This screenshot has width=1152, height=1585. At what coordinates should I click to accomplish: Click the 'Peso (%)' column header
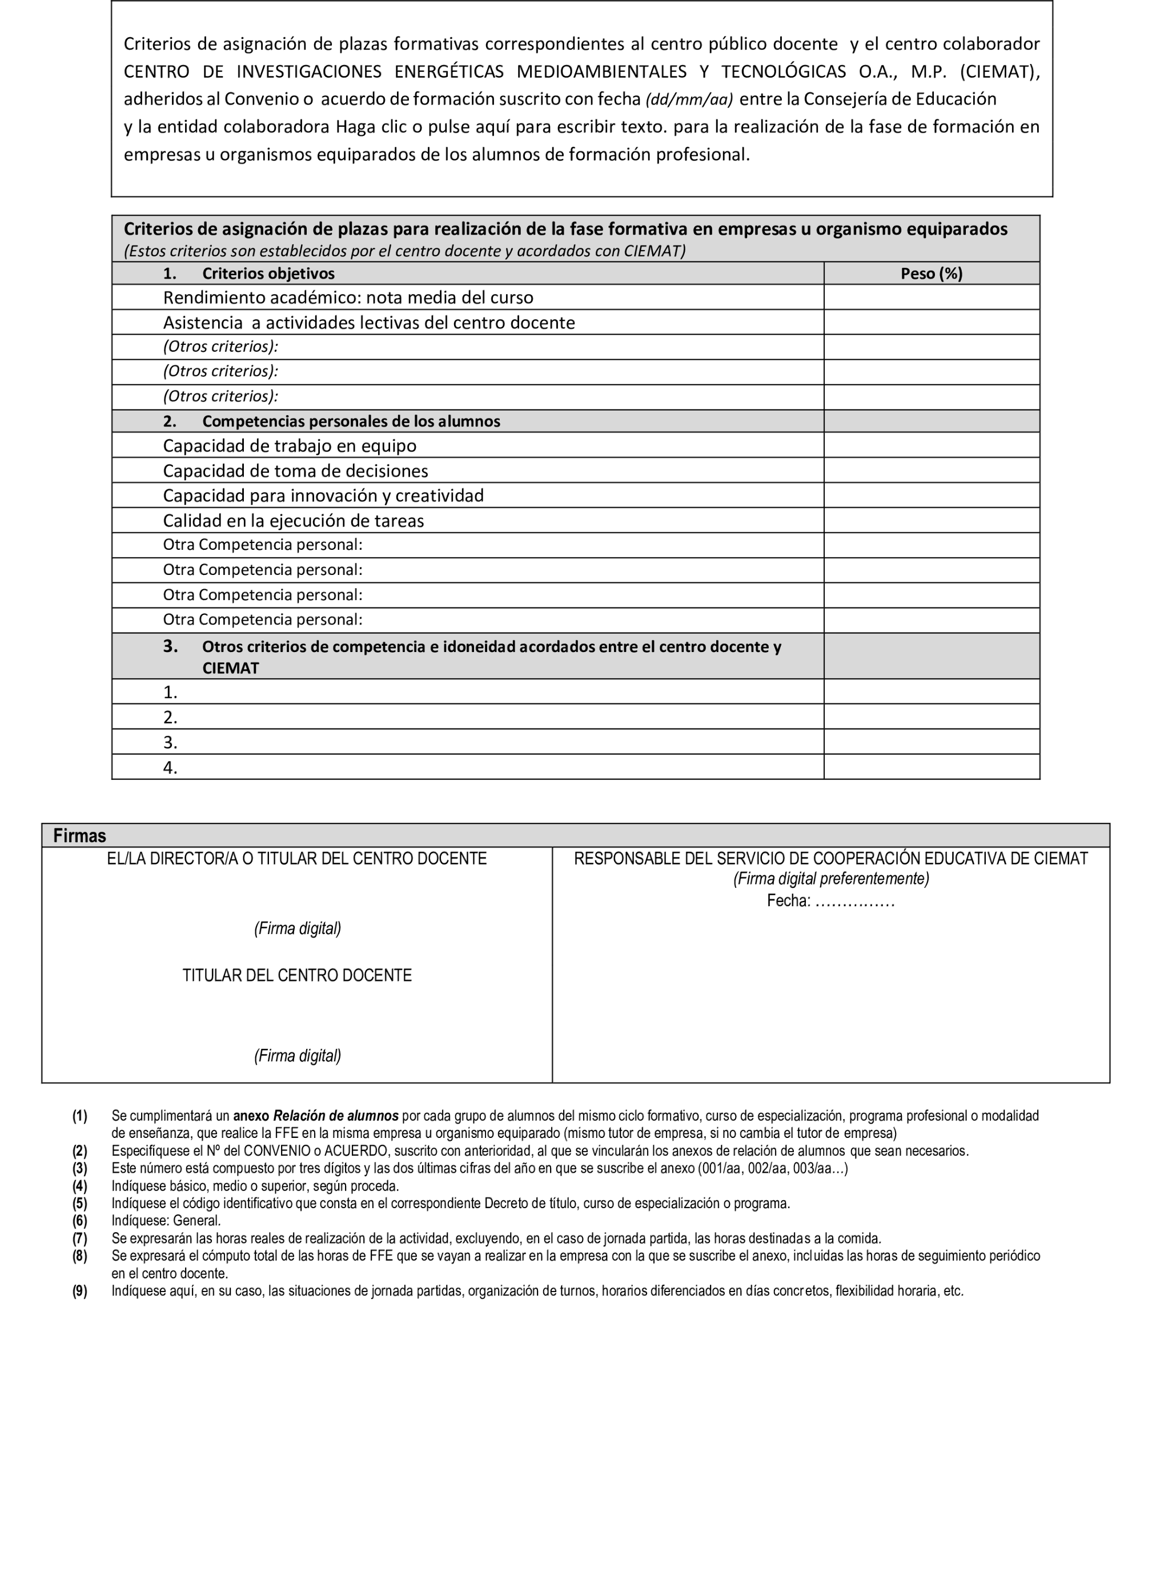coord(931,274)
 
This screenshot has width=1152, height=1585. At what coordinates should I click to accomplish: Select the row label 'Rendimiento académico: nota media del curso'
coord(348,297)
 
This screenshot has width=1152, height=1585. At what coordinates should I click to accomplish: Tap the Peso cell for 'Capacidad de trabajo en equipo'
coord(931,445)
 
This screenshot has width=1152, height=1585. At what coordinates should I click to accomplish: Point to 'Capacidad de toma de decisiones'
coord(296,471)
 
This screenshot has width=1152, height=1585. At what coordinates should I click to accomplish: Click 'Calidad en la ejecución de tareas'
coord(294,521)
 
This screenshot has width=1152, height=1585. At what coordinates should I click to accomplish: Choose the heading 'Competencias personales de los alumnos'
coord(351,421)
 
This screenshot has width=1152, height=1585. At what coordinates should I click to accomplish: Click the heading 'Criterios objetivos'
coord(268,274)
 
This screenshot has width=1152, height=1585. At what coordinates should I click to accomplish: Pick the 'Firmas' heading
coord(80,836)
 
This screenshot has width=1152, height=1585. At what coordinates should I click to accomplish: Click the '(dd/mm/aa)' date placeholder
coord(689,100)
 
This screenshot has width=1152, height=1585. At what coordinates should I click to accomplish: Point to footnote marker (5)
coord(80,1204)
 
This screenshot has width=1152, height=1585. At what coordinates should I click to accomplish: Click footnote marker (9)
coord(80,1291)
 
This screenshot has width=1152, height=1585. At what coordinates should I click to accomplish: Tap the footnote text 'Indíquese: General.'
coord(166,1221)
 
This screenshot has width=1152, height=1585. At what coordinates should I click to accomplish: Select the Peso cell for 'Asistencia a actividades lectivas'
coord(931,322)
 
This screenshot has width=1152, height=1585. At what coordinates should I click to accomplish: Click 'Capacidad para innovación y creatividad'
coord(323,496)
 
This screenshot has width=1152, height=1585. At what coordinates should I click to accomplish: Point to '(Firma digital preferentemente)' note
coord(831,879)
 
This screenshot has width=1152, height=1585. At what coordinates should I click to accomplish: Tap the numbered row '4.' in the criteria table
coord(171,767)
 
